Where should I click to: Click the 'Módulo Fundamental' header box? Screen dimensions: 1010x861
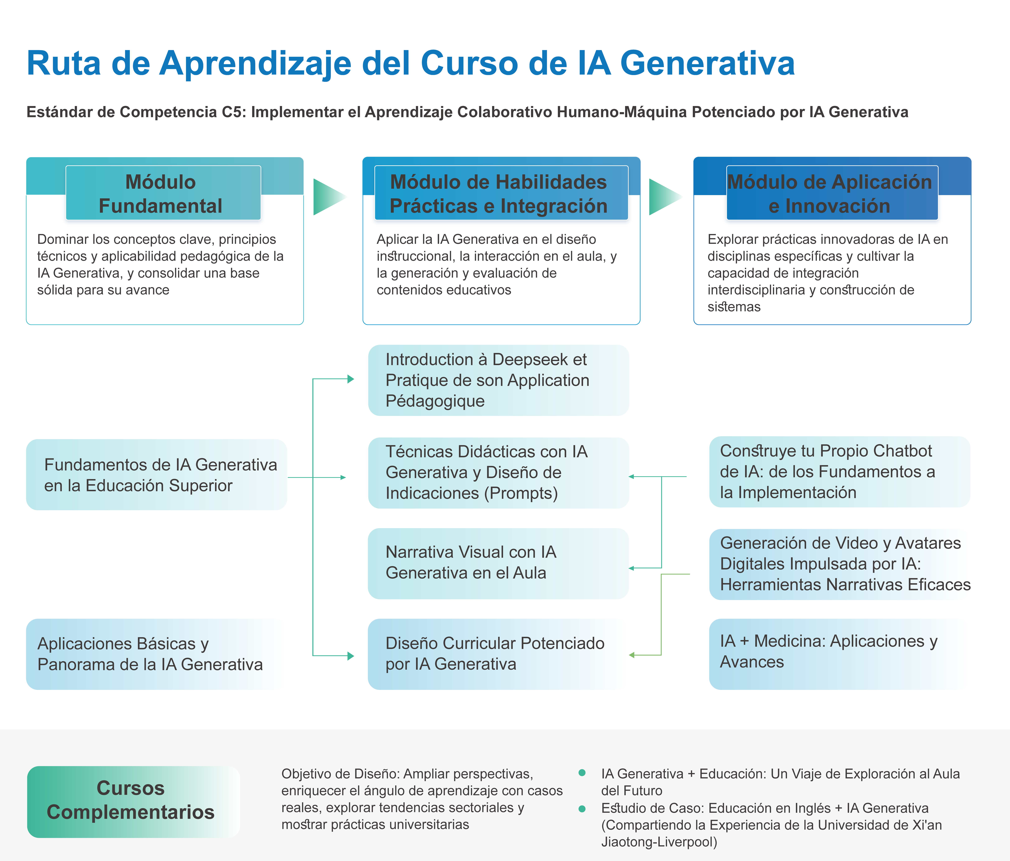[x=163, y=193]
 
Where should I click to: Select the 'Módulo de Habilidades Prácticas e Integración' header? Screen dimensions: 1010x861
[x=501, y=193]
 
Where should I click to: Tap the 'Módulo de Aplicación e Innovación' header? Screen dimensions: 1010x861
[x=832, y=193]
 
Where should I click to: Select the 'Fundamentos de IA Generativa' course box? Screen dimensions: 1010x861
[x=156, y=475]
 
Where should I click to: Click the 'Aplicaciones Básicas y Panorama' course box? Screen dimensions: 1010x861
[x=156, y=654]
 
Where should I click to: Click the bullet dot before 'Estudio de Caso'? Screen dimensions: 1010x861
[x=582, y=809]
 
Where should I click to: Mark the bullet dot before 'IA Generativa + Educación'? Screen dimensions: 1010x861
[x=582, y=773]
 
